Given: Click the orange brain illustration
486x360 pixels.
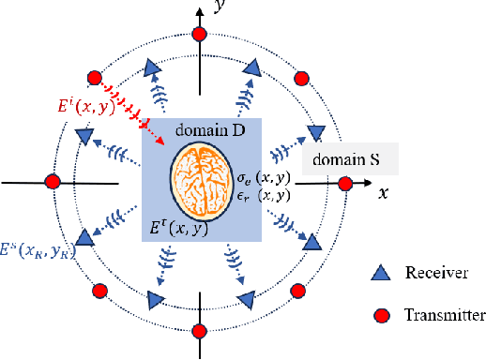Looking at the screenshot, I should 203,176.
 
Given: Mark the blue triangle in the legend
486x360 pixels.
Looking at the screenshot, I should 379,275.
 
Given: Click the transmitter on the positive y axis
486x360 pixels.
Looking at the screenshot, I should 198,34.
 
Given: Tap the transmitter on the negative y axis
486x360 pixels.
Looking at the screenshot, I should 199,330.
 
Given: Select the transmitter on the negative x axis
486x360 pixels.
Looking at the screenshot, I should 53,181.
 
